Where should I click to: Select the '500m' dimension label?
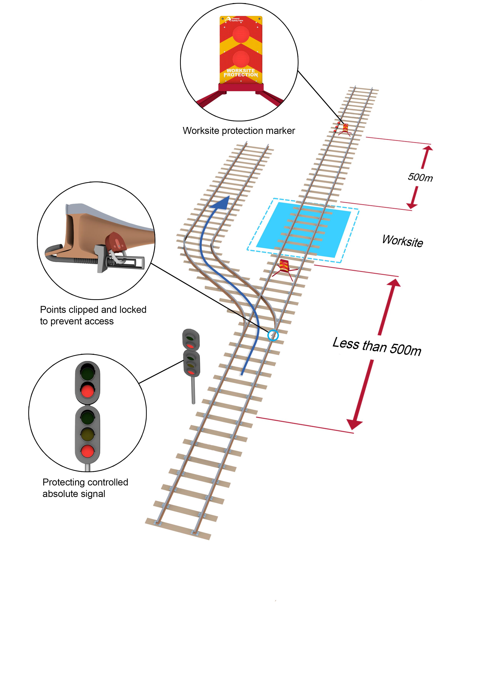tap(420, 177)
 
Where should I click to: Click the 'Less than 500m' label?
tap(377, 347)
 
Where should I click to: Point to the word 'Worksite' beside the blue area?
tap(402, 241)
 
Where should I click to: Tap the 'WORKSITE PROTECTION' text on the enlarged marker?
tap(240, 73)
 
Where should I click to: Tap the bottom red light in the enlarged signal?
tap(88, 451)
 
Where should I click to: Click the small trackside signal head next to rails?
tap(191, 353)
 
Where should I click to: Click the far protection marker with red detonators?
tap(345, 129)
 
